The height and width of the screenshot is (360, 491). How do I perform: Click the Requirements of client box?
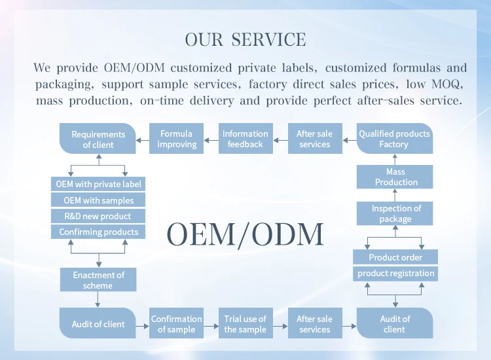coord(98,139)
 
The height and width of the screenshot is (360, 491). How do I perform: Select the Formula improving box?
coord(176,139)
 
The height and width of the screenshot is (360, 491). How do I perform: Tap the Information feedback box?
coord(245,139)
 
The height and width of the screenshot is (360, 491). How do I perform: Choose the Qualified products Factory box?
coord(394,139)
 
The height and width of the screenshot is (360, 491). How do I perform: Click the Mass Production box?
coord(395,177)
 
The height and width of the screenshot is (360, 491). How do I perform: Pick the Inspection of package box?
coord(395,213)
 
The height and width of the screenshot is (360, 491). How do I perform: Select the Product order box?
coord(395,257)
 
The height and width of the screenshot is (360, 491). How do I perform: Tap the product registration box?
coord(395,274)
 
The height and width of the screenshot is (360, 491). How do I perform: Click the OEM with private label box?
coord(98,185)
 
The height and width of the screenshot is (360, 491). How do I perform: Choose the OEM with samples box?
coord(98,200)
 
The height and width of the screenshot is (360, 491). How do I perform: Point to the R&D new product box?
coord(98,216)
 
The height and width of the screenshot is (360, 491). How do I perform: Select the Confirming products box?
coord(98,232)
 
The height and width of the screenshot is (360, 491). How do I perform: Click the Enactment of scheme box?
coord(98,280)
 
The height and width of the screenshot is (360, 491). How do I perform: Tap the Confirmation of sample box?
coord(176,324)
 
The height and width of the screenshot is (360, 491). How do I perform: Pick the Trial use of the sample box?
coord(245,324)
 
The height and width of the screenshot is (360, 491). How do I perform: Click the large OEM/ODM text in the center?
coord(245,234)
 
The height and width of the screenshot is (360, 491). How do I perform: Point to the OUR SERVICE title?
coord(245,40)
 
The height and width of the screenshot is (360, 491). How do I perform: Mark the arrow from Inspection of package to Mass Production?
coord(395,195)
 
